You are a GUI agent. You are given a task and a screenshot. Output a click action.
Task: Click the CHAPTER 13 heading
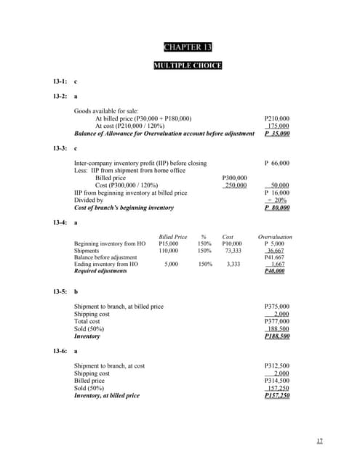[188, 48]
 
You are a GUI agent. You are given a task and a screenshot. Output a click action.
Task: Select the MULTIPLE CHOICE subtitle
[188, 66]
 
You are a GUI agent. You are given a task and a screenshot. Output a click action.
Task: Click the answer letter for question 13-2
[76, 96]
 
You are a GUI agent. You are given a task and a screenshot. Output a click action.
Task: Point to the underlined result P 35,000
[277, 134]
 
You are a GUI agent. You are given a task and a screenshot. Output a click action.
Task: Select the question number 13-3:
[60, 148]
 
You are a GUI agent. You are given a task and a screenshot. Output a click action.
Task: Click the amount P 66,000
[277, 163]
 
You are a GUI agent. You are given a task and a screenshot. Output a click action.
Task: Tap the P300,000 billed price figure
[233, 178]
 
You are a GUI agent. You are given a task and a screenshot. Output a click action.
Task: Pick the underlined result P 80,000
[277, 208]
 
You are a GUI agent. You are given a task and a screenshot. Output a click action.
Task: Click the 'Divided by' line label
[91, 201]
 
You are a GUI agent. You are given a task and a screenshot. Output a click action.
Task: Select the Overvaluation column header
[275, 237]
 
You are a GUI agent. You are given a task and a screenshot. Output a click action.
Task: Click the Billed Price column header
[172, 237]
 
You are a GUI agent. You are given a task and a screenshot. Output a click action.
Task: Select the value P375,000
[277, 307]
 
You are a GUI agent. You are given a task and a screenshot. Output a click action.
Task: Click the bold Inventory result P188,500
[277, 336]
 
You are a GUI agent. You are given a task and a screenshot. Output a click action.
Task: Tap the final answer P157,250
[277, 396]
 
